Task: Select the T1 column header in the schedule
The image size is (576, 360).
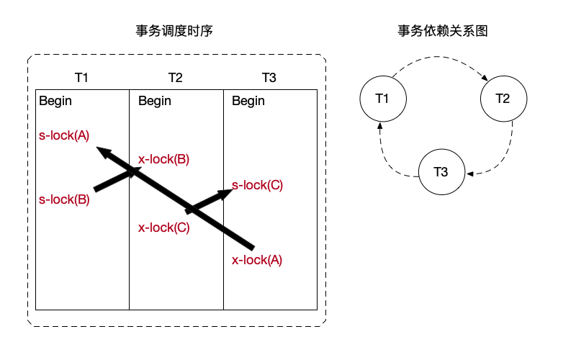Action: (x=82, y=78)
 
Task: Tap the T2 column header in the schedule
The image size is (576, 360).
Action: (x=176, y=78)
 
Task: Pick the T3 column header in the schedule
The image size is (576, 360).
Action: (x=269, y=78)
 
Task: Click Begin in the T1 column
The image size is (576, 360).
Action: (x=55, y=101)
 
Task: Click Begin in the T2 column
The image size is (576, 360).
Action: (x=155, y=101)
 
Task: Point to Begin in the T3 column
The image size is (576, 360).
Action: (x=248, y=101)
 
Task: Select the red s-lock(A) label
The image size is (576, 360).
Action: (x=64, y=135)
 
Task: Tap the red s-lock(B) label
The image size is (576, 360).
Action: (x=64, y=200)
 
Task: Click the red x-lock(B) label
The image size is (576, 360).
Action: (x=163, y=160)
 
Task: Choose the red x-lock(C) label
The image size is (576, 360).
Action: (x=163, y=228)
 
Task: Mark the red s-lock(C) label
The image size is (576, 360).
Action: (x=257, y=185)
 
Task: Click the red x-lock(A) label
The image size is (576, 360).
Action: (x=257, y=261)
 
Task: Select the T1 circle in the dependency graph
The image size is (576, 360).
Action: (x=382, y=98)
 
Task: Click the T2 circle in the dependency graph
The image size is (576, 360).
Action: (x=503, y=98)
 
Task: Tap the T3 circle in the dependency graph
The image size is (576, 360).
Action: (x=441, y=172)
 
